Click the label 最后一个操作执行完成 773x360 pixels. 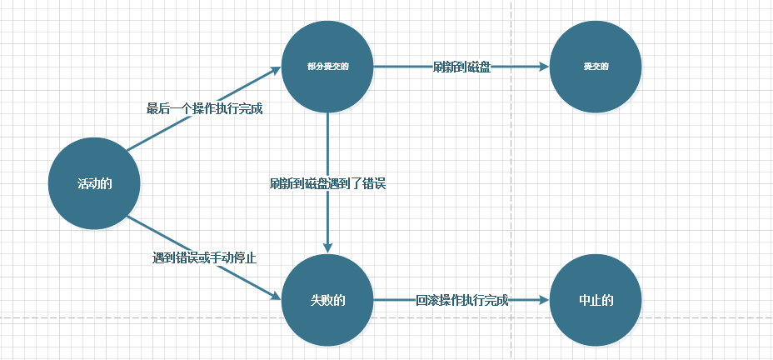(205, 108)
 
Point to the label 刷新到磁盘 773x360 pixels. (461, 67)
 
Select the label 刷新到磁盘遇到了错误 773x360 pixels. (327, 184)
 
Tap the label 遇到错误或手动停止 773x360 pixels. (204, 258)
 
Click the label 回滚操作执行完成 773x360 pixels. (461, 301)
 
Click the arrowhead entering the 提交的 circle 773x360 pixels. (544, 67)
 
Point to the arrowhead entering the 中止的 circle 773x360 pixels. (544, 301)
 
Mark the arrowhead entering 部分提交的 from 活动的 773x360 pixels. (277, 72)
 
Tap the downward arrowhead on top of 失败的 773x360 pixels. (327, 247)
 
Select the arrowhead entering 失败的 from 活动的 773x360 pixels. (277, 295)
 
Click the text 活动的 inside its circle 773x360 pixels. (94, 184)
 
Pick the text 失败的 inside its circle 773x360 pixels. (327, 301)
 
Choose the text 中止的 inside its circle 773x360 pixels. (596, 301)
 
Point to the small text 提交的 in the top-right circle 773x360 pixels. (596, 67)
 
